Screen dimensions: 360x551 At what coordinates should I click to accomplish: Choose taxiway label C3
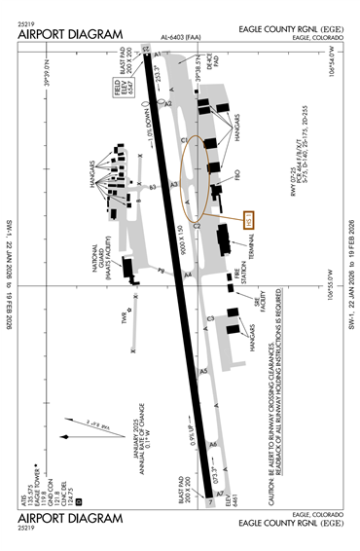coord(209,318)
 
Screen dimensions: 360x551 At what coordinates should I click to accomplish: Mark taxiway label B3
coord(152,184)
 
